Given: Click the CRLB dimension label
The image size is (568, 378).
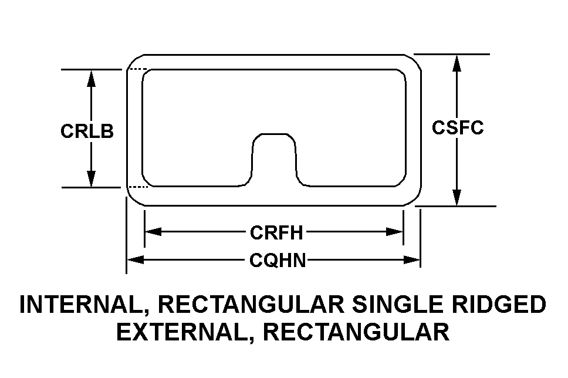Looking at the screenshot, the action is (x=87, y=131).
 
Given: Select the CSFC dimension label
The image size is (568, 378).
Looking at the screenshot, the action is (x=458, y=127).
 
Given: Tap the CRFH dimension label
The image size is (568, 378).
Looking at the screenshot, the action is (x=276, y=232).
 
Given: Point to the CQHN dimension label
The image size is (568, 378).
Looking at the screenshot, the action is (x=278, y=260).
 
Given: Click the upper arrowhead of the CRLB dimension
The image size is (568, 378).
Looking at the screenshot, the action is (x=92, y=79).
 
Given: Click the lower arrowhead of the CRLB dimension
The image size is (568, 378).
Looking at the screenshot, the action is (x=92, y=178).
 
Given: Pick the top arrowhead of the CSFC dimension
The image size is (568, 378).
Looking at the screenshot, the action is (x=457, y=63).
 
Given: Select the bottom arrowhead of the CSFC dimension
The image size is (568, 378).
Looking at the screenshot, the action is (x=457, y=197).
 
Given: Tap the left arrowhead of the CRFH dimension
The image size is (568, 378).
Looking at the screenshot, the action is (x=153, y=232).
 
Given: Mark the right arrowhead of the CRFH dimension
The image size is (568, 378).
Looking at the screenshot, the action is (x=394, y=232).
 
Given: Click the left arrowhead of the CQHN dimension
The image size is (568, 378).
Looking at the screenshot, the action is (x=136, y=259).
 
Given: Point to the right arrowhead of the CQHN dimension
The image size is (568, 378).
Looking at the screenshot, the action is (x=412, y=259).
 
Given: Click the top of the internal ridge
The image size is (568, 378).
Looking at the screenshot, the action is (x=274, y=134).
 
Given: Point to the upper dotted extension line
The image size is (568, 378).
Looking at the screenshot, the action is (x=138, y=69).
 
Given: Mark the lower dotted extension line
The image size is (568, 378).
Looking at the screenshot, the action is (x=138, y=187).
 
